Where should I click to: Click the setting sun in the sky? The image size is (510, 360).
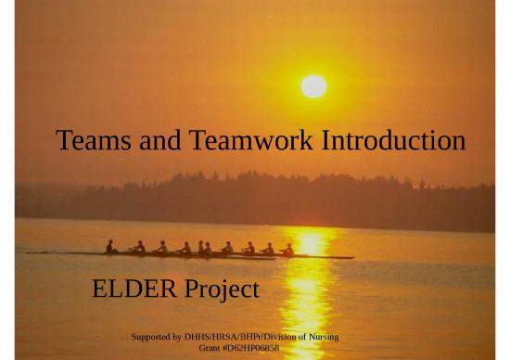[x=313, y=86]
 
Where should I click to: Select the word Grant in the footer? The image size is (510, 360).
[x=210, y=347]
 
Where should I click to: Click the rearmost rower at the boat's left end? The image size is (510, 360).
[x=110, y=247]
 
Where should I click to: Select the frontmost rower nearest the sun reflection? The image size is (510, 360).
[x=288, y=249]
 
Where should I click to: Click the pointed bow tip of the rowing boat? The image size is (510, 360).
[x=353, y=257]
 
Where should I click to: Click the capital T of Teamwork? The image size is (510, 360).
[x=197, y=142]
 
